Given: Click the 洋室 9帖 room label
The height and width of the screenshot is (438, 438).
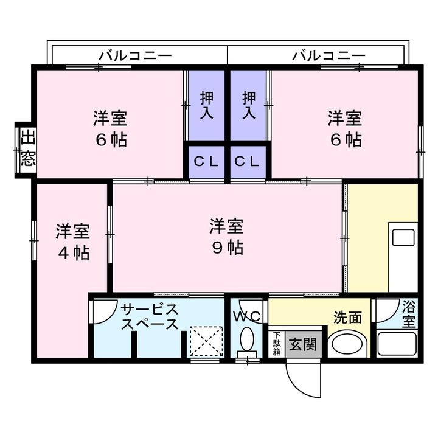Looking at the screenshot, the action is (x=226, y=237).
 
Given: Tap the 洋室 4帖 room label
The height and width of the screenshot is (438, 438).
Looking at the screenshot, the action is (x=72, y=242).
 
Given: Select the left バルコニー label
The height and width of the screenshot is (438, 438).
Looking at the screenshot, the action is (x=135, y=56).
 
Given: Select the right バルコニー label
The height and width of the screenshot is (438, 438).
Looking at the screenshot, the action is (x=328, y=56).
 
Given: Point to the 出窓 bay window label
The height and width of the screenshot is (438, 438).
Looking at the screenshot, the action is (x=28, y=150).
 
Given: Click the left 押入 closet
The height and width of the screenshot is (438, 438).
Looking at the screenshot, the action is (x=207, y=105).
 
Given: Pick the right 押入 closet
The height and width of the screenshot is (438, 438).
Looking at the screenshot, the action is (x=248, y=105).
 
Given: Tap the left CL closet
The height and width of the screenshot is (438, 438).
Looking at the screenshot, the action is (x=207, y=162).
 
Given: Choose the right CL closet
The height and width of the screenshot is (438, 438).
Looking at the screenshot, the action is (x=248, y=162).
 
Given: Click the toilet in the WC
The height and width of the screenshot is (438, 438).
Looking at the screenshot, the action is (x=246, y=342).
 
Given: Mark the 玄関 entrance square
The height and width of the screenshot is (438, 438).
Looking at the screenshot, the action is (x=303, y=344).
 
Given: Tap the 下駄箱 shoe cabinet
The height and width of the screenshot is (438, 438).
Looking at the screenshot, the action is (x=277, y=344).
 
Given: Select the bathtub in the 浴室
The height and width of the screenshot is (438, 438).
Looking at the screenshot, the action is (x=397, y=344).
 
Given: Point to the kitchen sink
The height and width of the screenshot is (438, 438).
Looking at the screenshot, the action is (x=403, y=237).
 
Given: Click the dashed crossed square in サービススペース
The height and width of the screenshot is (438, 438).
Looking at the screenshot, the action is (x=206, y=341).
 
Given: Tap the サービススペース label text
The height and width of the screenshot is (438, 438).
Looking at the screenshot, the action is (x=150, y=317).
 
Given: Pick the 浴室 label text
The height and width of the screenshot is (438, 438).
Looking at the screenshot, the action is (x=409, y=314).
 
